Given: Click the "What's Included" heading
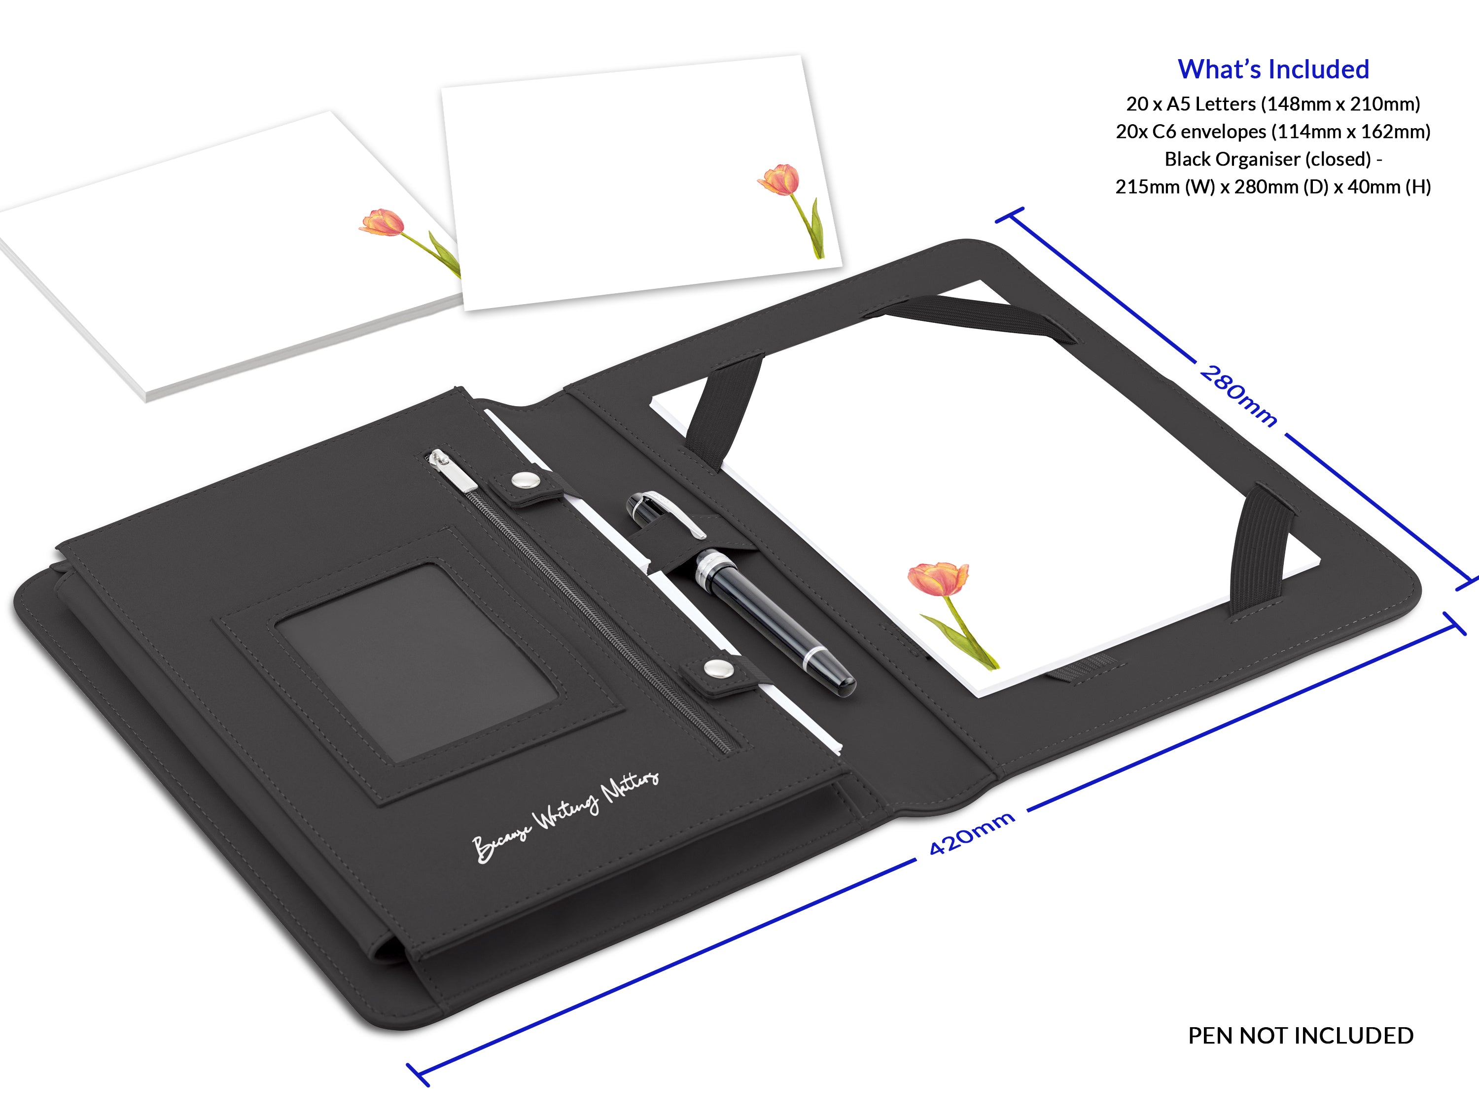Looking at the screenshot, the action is point(1273,69).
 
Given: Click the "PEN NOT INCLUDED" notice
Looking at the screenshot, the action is point(1301,1036).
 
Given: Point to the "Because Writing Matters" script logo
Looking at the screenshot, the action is point(565,818).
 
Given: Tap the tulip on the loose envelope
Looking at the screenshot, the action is point(779,179).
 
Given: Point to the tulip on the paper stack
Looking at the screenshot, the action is point(383,223).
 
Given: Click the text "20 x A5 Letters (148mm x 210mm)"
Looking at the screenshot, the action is point(1273,104).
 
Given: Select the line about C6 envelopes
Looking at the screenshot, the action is point(1273,132).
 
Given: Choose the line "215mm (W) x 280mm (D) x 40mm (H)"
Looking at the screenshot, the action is point(1273,186).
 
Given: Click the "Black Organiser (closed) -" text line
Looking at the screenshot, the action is point(1273,159).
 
